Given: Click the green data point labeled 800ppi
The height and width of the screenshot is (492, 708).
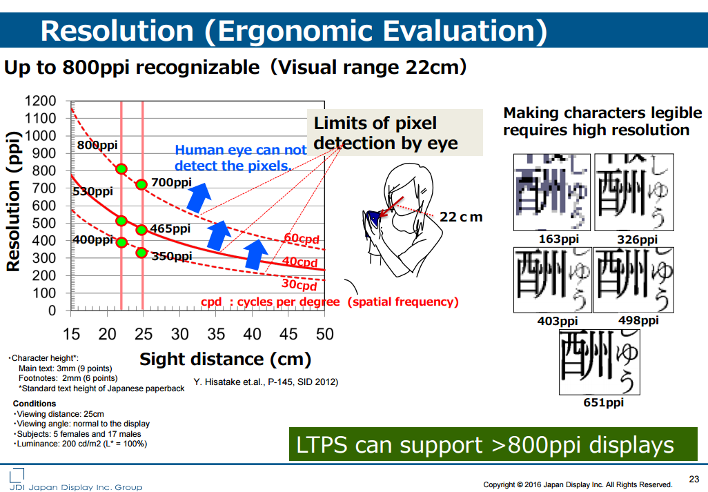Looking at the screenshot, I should pos(121,169).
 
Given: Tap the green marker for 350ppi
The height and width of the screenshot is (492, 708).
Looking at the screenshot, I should pos(141,253).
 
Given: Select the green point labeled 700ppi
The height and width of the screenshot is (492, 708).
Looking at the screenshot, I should pos(141,184).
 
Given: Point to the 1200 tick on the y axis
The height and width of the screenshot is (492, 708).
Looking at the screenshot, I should pos(41,101).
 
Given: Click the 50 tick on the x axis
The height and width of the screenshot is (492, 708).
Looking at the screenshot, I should pos(324,335).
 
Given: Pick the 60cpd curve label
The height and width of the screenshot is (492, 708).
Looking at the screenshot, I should pos(301,239).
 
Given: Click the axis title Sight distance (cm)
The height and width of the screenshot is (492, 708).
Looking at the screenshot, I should pos(225,359).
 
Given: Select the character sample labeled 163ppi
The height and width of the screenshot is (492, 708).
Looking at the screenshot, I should pos(552,192).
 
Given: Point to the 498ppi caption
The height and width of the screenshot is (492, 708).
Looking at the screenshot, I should pos(638,321).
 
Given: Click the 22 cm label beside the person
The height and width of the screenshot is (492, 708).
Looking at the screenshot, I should pos(461,217).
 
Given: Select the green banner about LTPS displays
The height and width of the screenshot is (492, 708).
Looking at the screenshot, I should pos(492,445).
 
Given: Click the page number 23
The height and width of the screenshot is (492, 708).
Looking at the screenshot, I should pos(694,479).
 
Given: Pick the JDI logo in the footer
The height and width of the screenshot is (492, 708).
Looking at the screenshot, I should pos(17,475).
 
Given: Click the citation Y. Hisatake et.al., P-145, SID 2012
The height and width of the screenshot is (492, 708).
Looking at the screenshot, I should pos(266,382).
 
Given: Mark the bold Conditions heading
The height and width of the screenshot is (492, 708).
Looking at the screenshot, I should pos(35,404).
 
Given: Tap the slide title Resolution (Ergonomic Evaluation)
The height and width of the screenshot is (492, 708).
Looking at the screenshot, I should pos(293,31).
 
